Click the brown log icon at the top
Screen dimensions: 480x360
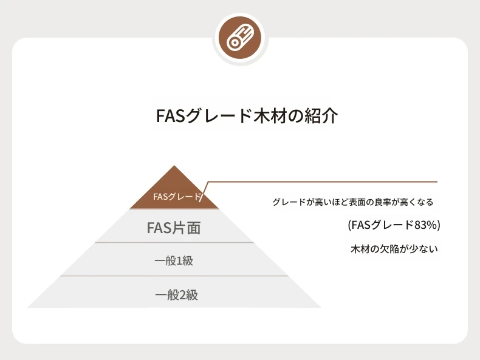241,38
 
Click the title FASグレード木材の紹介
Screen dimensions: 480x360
247,115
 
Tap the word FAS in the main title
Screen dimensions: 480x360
171,116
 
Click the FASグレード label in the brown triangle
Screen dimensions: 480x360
177,196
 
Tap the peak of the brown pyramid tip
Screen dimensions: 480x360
174,166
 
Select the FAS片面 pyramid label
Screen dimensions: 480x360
174,228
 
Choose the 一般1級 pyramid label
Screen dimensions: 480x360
174,261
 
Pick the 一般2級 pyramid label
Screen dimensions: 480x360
176,295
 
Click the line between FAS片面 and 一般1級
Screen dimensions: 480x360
174,243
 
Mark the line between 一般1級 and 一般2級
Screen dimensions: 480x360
174,276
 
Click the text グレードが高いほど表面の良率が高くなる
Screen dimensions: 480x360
353,202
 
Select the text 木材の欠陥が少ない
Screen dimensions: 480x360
394,249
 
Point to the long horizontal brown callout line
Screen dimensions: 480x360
323,182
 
